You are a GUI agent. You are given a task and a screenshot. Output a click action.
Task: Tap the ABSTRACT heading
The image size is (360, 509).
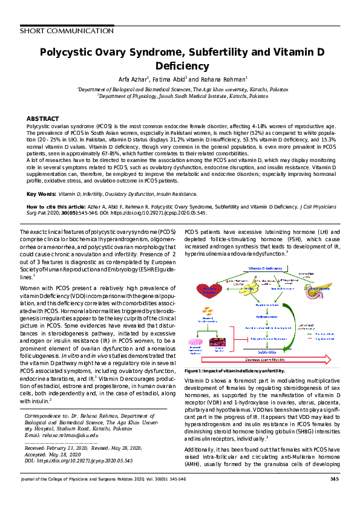(x=42, y=118)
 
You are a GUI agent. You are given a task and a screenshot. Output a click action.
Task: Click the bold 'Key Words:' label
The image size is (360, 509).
(x=41, y=195)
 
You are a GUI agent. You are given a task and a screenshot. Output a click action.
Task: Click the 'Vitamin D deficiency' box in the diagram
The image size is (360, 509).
(x=264, y=268)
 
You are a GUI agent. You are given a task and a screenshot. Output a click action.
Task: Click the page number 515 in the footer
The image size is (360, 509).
(x=334, y=496)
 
